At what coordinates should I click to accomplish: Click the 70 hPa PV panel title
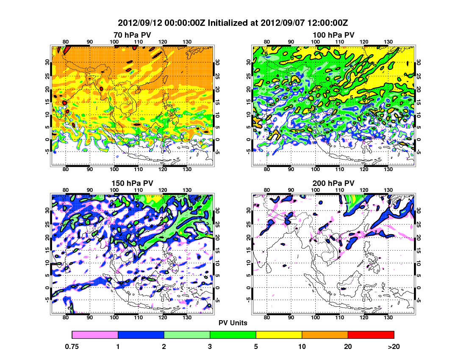pos(132,34)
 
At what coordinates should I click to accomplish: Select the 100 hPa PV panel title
pos(333,34)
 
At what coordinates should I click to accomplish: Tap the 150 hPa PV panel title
pos(132,183)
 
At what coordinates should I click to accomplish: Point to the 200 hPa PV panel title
pos(333,183)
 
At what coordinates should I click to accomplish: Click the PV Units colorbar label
pos(233,323)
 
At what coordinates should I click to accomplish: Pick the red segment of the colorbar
pos(371,335)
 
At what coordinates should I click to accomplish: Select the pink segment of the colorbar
pos(95,335)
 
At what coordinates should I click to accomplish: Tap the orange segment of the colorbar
pos(325,335)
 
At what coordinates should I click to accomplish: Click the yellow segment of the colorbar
pos(279,335)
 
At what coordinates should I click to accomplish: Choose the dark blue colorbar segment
pos(141,335)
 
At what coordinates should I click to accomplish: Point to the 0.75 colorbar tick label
pos(72,346)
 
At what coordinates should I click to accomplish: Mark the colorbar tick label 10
pos(302,346)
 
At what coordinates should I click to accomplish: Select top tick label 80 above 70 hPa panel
pos(66,42)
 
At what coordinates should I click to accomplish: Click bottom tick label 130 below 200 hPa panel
pos(388,318)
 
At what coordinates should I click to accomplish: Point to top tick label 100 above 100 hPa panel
pos(315,42)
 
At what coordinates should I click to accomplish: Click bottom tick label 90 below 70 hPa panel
pos(90,169)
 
